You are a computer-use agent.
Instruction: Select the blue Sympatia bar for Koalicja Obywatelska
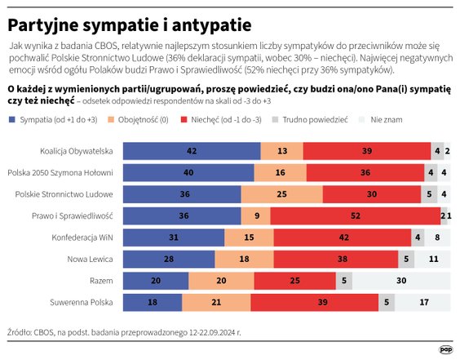tap(192, 151)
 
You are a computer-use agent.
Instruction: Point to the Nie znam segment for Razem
tap(401, 280)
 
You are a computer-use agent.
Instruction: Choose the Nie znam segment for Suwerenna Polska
tap(422, 301)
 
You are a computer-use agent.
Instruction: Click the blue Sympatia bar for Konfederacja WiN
tap(173, 237)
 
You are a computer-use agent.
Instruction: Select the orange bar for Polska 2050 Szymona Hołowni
tap(280, 172)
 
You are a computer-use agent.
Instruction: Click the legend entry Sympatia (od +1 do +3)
tap(53, 119)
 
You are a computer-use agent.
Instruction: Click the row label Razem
tap(100, 280)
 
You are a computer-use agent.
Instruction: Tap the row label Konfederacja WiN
tap(83, 237)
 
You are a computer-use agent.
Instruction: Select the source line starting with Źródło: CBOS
tap(125, 333)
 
